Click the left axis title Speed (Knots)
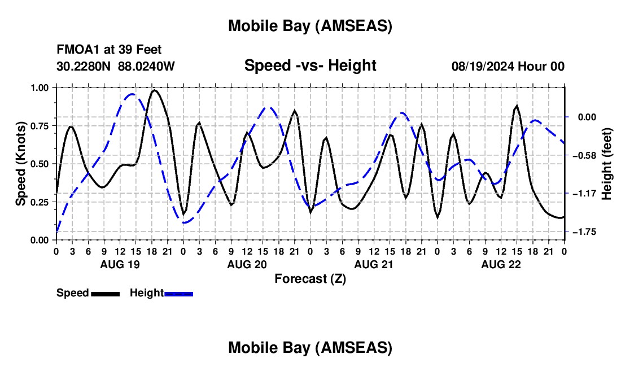(21, 163)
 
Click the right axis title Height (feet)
(607, 164)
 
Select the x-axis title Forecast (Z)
(310, 278)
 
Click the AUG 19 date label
(120, 264)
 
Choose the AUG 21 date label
(374, 264)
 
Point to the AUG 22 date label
(501, 264)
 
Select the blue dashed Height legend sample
(178, 294)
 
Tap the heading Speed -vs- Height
(310, 65)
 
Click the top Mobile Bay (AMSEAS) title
(310, 26)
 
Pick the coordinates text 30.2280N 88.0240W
(116, 66)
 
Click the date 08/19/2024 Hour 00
(508, 66)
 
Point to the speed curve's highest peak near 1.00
(154, 90)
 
